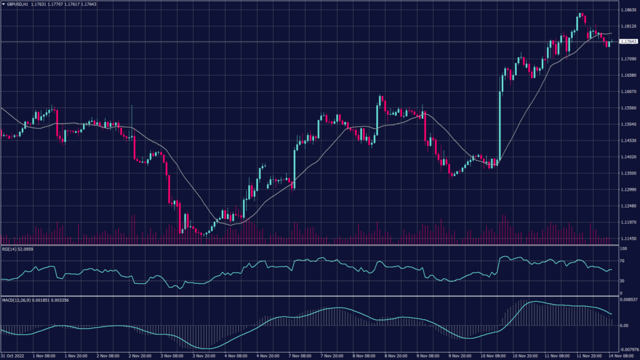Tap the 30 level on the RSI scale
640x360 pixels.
click(622, 281)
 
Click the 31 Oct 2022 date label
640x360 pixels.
click(11, 356)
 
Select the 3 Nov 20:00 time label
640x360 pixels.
click(203, 356)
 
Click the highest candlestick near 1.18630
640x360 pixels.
click(580, 17)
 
